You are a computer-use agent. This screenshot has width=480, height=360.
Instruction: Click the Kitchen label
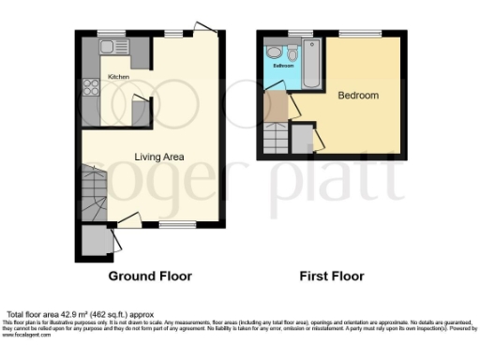click(x=118, y=76)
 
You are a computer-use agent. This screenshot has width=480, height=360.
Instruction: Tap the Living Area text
click(x=158, y=157)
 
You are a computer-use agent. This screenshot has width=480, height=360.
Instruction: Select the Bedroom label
click(x=358, y=96)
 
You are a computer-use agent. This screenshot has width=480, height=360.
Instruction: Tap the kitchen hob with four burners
click(x=93, y=88)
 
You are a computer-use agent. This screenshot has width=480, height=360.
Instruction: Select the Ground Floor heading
click(x=150, y=277)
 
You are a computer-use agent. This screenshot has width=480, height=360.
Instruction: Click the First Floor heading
click(x=332, y=277)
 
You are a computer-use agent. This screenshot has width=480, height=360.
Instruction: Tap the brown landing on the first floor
click(x=276, y=107)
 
